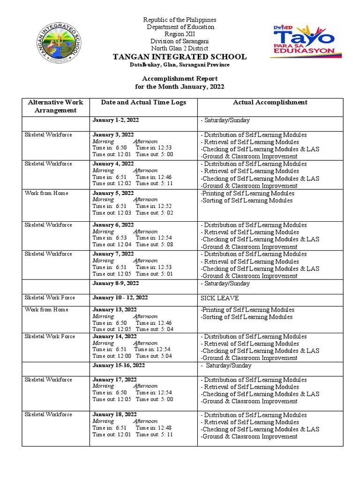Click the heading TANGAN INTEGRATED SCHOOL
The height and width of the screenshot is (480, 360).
point(180,57)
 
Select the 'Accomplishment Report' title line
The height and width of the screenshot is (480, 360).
point(180,79)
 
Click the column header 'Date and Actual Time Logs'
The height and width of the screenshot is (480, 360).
point(143,102)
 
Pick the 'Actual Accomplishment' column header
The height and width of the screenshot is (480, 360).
point(270,102)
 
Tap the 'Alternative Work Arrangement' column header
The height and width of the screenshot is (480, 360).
point(55,106)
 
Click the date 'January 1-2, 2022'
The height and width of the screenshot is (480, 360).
point(115,120)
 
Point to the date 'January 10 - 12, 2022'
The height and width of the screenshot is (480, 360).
point(120,298)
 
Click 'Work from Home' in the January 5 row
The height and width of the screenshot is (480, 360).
point(46,193)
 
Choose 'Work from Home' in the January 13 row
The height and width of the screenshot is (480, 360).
point(46,309)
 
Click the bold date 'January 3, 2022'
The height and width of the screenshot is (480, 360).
point(113,135)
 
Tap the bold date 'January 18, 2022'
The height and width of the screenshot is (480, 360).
point(114,414)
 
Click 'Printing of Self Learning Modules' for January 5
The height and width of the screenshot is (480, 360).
point(247,193)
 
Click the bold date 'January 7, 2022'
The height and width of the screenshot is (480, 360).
point(113,254)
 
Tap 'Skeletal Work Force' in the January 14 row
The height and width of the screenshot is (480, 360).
point(50,337)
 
